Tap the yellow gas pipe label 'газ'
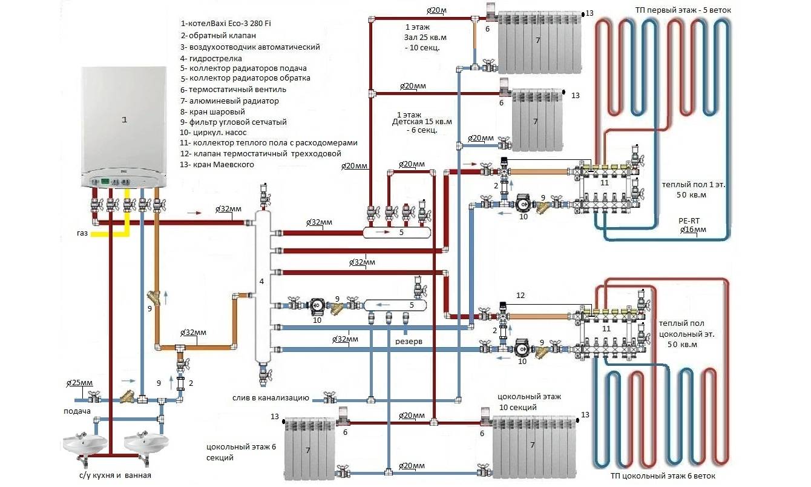coord(83,232)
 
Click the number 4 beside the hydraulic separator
coord(261,282)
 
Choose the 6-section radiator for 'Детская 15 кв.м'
coord(536,119)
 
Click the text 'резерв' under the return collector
coord(409,341)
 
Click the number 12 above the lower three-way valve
coord(520,295)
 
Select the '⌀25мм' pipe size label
coord(79,383)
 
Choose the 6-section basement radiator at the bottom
coord(309,448)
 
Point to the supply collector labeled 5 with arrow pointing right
coord(396,231)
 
